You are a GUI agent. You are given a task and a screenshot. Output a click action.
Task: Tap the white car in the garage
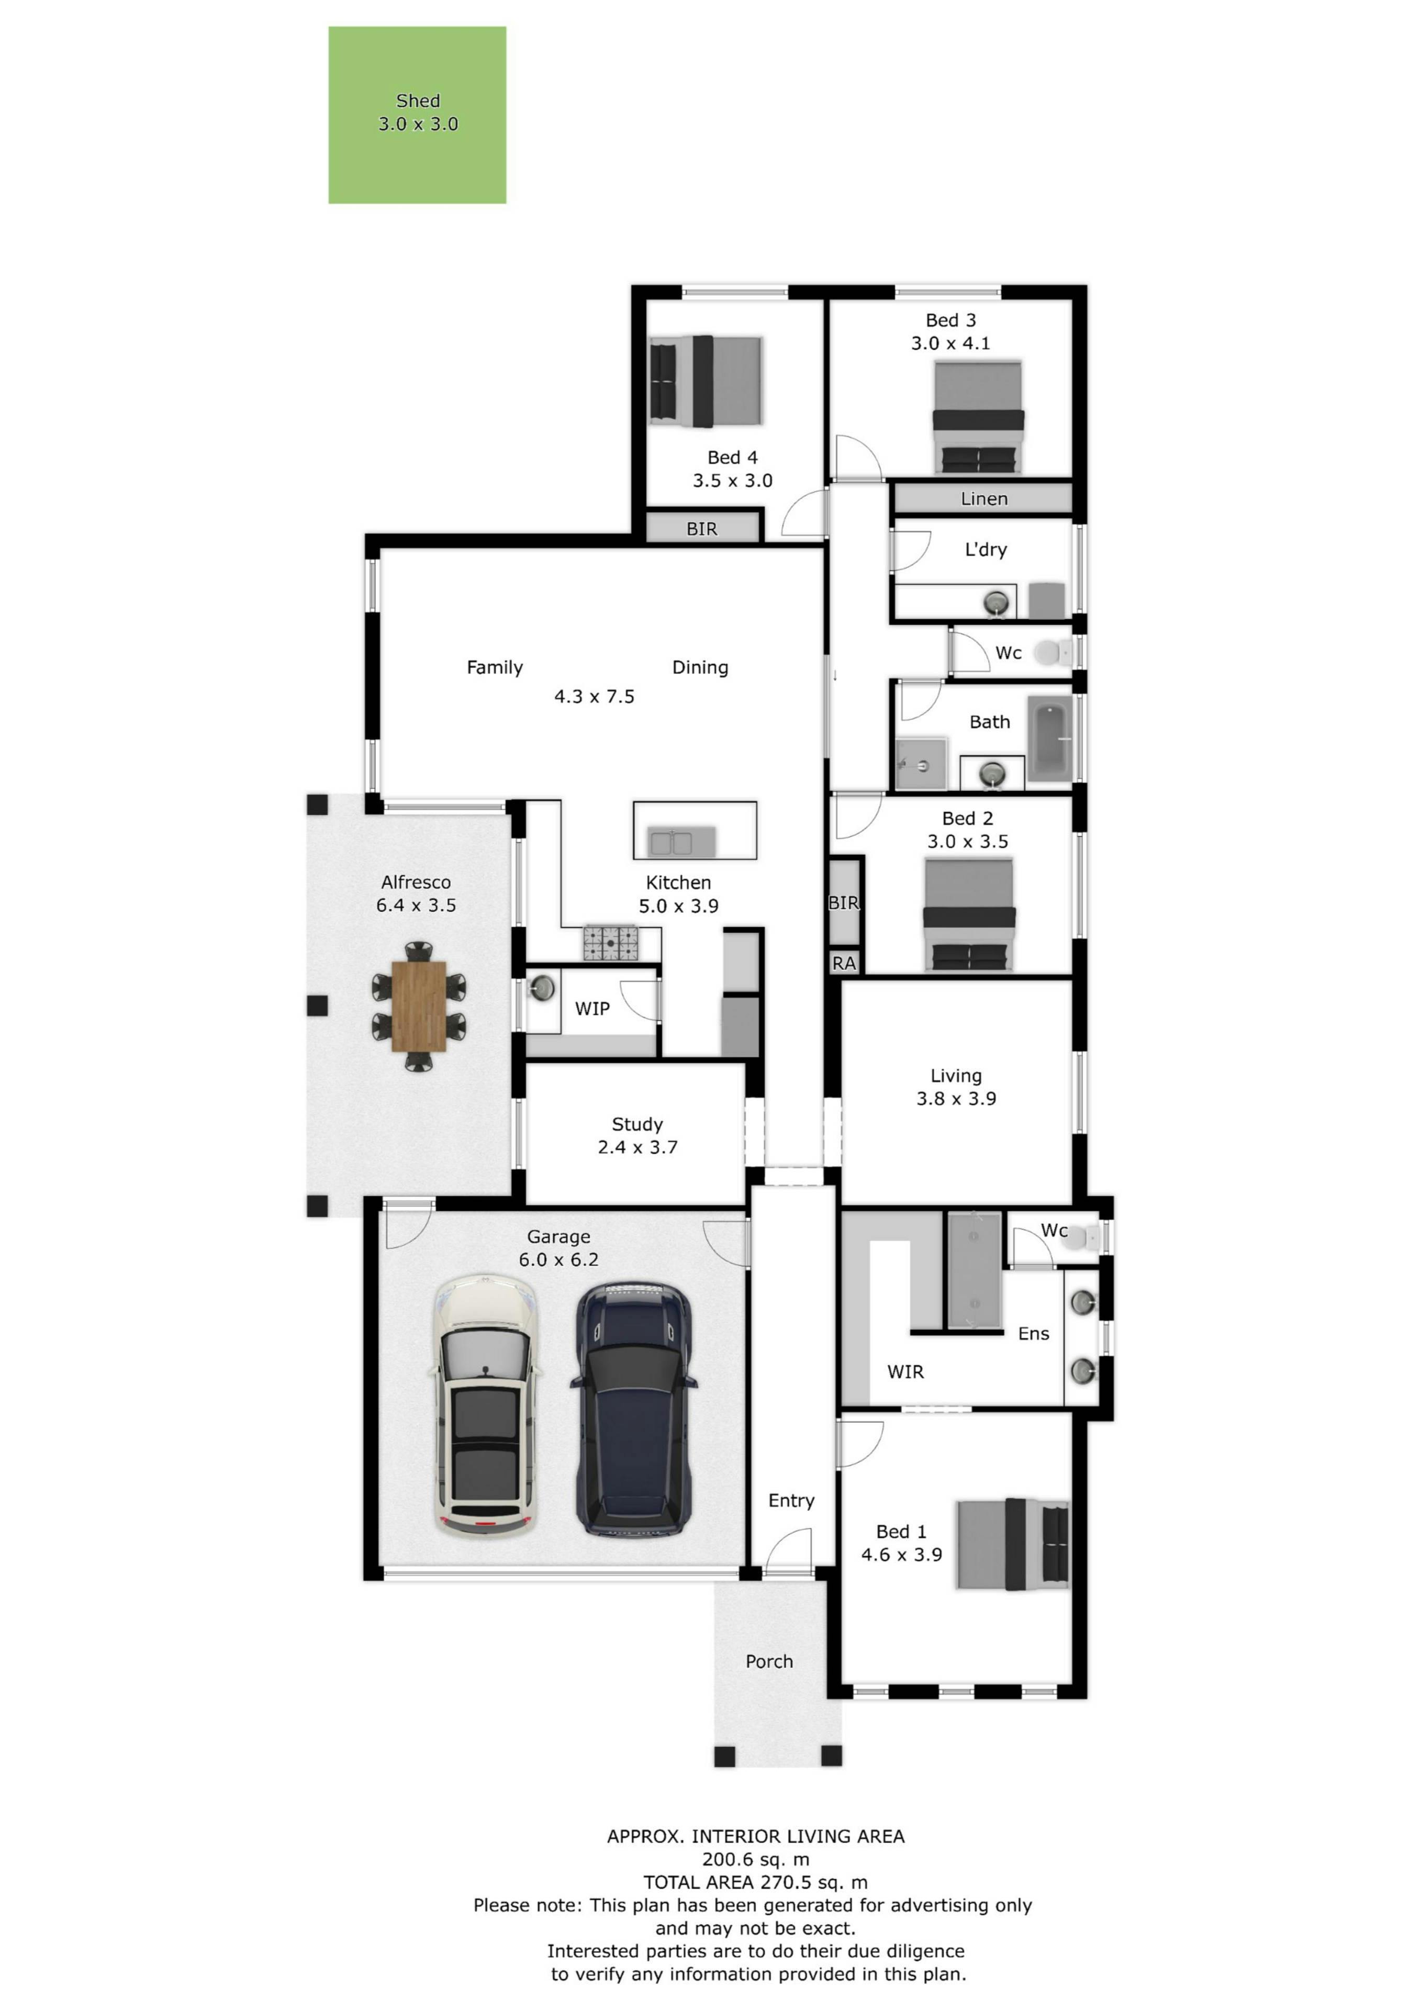point(485,1404)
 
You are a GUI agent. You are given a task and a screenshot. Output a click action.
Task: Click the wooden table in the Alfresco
point(419,1006)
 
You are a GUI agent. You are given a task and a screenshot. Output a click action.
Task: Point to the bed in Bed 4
point(706,382)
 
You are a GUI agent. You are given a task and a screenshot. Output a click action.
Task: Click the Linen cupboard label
point(984,499)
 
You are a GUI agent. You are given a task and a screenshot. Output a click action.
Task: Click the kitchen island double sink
point(670,842)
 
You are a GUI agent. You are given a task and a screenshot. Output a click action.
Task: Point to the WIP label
point(592,1009)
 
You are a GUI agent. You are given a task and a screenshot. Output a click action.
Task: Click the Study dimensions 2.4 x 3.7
point(637,1147)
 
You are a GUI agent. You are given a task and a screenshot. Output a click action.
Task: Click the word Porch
point(769,1661)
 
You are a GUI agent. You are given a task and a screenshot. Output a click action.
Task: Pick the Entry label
point(791,1501)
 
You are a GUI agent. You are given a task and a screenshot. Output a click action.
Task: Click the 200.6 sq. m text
point(756,1859)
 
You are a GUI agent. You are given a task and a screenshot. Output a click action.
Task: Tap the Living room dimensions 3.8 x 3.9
point(956,1099)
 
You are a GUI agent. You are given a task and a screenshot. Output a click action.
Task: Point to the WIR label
point(905,1372)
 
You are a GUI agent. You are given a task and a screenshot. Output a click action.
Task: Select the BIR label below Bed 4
point(701,529)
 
